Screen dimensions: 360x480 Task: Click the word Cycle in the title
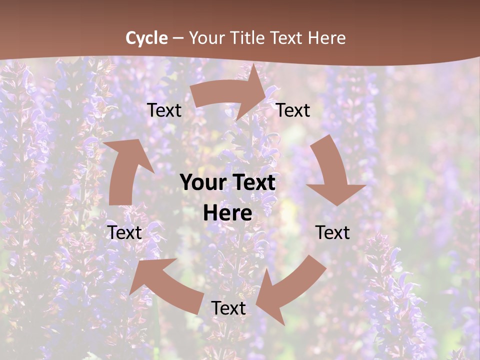pyautogui.click(x=146, y=38)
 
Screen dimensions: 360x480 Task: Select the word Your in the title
pyautogui.click(x=206, y=38)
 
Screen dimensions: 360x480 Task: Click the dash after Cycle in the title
pyautogui.click(x=177, y=38)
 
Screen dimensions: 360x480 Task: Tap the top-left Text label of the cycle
pyautogui.click(x=164, y=110)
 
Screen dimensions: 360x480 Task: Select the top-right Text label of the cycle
pyautogui.click(x=293, y=110)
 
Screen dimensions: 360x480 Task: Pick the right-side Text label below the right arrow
pyautogui.click(x=332, y=232)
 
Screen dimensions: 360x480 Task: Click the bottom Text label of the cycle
pyautogui.click(x=228, y=308)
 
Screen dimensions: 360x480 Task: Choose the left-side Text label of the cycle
pyautogui.click(x=125, y=232)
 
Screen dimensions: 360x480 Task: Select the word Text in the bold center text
pyautogui.click(x=253, y=183)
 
